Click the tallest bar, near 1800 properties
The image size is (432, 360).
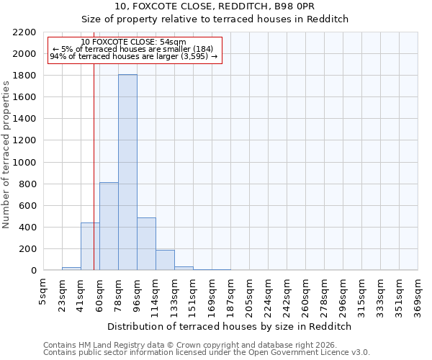point(127,173)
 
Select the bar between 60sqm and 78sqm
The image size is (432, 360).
point(109,226)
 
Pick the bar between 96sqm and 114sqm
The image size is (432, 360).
point(146,243)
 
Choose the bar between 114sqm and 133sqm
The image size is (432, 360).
point(165,260)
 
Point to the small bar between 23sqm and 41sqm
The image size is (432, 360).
point(71,269)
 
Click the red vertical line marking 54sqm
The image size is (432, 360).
point(94,144)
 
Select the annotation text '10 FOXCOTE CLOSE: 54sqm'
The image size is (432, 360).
point(133,42)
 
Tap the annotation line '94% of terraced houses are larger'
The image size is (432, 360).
point(133,56)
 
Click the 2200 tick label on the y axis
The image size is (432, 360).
point(24,32)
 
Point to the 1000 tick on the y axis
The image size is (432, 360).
point(24,163)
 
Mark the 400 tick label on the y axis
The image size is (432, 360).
point(27,228)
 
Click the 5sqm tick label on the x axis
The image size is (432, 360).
point(44,289)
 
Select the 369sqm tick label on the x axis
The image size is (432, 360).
point(418,294)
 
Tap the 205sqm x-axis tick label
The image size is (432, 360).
point(250,294)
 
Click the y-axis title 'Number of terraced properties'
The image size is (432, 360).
point(7,155)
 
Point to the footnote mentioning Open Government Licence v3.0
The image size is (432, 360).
point(207,353)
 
